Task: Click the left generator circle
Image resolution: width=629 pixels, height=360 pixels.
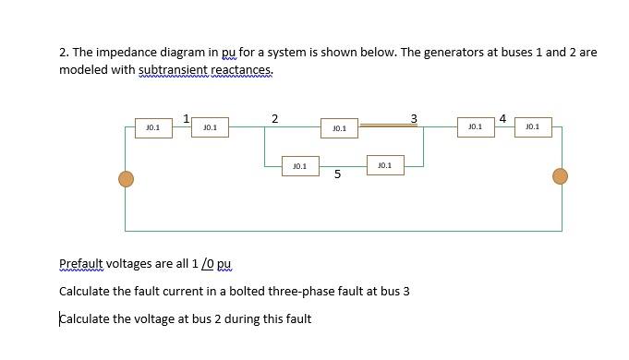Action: click(x=126, y=177)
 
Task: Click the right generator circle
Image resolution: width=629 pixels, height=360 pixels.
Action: click(x=560, y=176)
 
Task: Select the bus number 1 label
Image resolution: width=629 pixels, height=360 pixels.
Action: click(x=187, y=117)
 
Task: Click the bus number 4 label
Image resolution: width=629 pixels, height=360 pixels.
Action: click(x=502, y=117)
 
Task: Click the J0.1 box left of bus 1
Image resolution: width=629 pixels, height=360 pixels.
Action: click(x=152, y=127)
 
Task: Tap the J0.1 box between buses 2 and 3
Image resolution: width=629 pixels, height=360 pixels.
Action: click(x=339, y=128)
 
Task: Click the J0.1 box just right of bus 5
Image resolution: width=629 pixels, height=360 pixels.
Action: click(x=384, y=165)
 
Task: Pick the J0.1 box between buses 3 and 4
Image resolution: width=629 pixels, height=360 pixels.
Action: click(x=475, y=127)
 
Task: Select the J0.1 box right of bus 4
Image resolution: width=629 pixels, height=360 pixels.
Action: click(x=532, y=127)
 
